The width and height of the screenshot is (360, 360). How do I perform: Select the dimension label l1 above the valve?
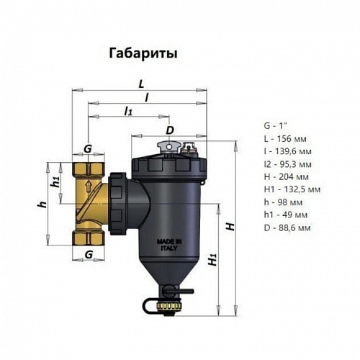click(x=129, y=111)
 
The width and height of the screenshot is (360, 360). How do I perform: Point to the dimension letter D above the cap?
click(x=169, y=130)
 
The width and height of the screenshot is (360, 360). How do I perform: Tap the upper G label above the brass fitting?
click(x=88, y=148)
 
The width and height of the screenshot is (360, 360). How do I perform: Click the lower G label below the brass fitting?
click(x=88, y=254)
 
